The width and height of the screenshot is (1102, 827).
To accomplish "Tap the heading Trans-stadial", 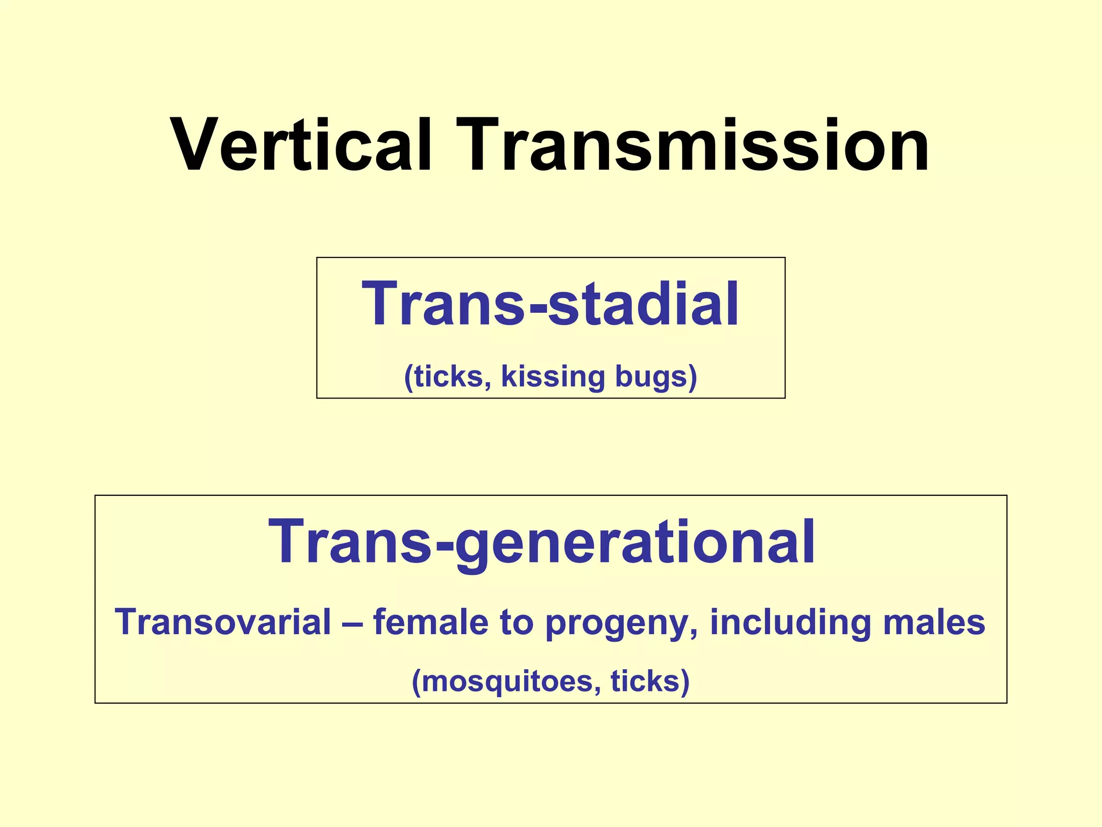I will point(550,304).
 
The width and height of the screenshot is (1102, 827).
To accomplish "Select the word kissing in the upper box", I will point(553,376).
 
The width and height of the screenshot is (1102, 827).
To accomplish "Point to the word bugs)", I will point(656,376).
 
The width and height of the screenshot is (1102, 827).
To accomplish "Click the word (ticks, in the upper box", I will point(447,376).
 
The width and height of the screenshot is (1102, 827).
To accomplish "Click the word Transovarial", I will point(223,622).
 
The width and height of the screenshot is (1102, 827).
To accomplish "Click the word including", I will point(789,622).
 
